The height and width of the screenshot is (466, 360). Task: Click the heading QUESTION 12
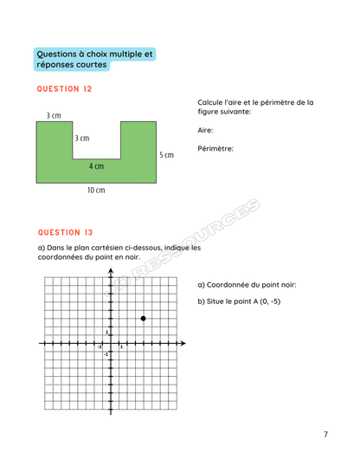(63, 89)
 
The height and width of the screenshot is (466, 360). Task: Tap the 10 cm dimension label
(96, 191)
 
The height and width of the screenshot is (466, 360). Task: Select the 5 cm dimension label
(167, 155)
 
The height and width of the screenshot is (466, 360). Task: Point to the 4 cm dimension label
(96, 166)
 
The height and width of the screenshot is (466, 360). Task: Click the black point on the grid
(143, 319)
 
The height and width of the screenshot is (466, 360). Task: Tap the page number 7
(325, 434)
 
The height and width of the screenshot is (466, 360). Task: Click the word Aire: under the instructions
(205, 130)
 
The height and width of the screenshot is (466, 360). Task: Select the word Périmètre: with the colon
(215, 148)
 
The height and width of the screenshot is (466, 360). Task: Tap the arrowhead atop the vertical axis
(111, 272)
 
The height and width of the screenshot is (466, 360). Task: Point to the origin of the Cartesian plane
(111, 344)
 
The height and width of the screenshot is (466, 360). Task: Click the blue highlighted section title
(95, 59)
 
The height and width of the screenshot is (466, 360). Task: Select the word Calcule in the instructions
(212, 102)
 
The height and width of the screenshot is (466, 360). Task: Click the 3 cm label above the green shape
(54, 115)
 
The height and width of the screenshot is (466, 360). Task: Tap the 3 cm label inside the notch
(81, 138)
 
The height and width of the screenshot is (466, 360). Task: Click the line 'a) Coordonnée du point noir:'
(247, 285)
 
